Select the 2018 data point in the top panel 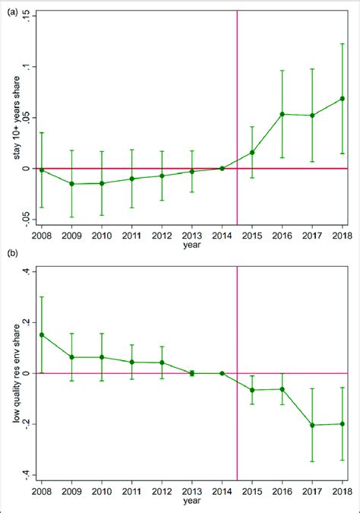pyautogui.click(x=343, y=98)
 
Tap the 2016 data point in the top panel pyautogui.click(x=283, y=114)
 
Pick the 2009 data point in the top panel pyautogui.click(x=71, y=184)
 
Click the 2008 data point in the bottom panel pyautogui.click(x=41, y=334)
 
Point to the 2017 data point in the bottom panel pyautogui.click(x=312, y=425)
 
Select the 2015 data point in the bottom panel pyautogui.click(x=252, y=390)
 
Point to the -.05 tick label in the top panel pyautogui.click(x=27, y=219)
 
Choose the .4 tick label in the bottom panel pyautogui.click(x=27, y=271)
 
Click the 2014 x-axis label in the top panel pyautogui.click(x=222, y=236)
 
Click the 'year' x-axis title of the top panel pyautogui.click(x=191, y=245)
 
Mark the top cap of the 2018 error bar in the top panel pyautogui.click(x=343, y=43)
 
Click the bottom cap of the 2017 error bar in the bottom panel pyautogui.click(x=312, y=461)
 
